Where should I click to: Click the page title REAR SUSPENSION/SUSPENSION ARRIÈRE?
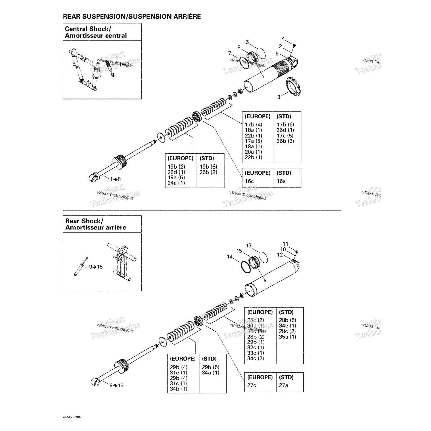(x=132, y=16)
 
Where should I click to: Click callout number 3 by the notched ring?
(x=279, y=97)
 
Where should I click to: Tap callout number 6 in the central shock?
(x=247, y=42)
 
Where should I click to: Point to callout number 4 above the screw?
(x=283, y=39)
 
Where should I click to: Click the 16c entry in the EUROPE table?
(x=249, y=181)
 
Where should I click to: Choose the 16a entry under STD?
(x=281, y=181)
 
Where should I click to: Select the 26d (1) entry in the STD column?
(x=285, y=130)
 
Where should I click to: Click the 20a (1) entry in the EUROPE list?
(x=253, y=152)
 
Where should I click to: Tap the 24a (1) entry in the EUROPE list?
(x=176, y=183)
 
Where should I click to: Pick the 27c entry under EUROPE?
(x=252, y=385)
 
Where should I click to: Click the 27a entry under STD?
(x=283, y=385)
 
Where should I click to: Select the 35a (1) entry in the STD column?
(x=287, y=337)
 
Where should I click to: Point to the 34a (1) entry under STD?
(x=210, y=373)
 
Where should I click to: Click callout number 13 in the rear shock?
(x=249, y=245)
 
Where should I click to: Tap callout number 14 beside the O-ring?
(x=230, y=257)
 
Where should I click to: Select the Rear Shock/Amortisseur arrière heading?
(x=96, y=224)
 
